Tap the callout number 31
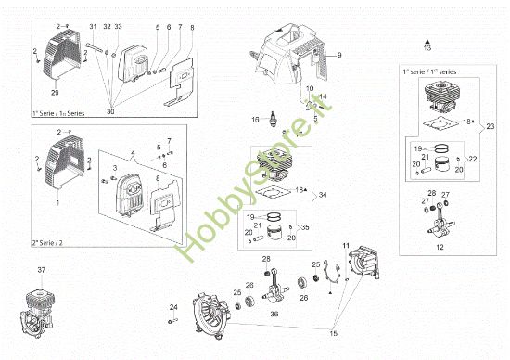click(93, 26)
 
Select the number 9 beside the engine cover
click(339, 57)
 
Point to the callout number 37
click(41, 269)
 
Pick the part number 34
click(323, 194)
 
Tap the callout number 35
click(307, 226)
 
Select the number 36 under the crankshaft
click(274, 314)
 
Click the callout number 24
click(173, 307)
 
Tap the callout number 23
click(491, 125)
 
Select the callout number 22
click(474, 159)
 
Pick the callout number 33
click(119, 26)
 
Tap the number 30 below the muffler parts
click(112, 111)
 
